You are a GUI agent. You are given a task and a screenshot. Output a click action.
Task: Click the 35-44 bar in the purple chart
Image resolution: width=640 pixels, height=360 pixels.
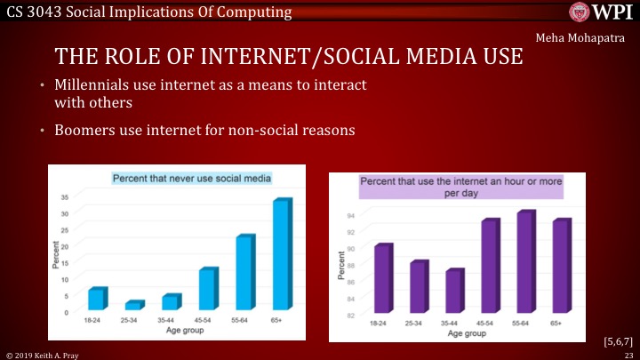coord(453,292)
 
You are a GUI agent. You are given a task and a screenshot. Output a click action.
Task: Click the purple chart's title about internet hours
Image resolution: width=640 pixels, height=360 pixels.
coord(461,187)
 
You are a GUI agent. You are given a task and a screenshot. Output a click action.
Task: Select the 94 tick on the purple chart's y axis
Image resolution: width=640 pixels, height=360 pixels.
coord(351,216)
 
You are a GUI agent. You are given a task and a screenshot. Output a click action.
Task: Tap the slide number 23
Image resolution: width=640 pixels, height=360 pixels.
coord(628,354)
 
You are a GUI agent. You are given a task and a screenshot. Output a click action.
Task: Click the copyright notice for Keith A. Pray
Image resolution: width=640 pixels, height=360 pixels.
coord(39,354)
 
